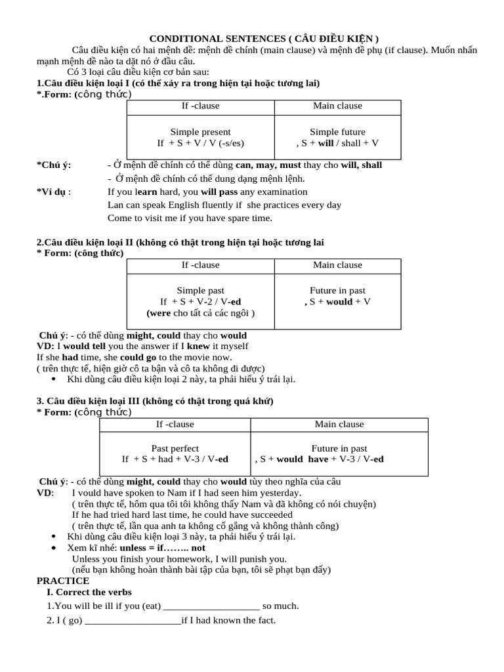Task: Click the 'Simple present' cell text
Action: [x=200, y=132]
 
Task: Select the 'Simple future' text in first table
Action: [x=337, y=132]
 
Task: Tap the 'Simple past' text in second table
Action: [x=200, y=290]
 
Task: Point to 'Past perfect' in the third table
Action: [x=175, y=448]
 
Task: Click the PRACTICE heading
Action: [x=63, y=581]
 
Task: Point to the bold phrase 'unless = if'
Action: [x=142, y=547]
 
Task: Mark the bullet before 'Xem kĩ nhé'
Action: [x=53, y=547]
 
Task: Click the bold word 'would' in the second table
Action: [x=339, y=302]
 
